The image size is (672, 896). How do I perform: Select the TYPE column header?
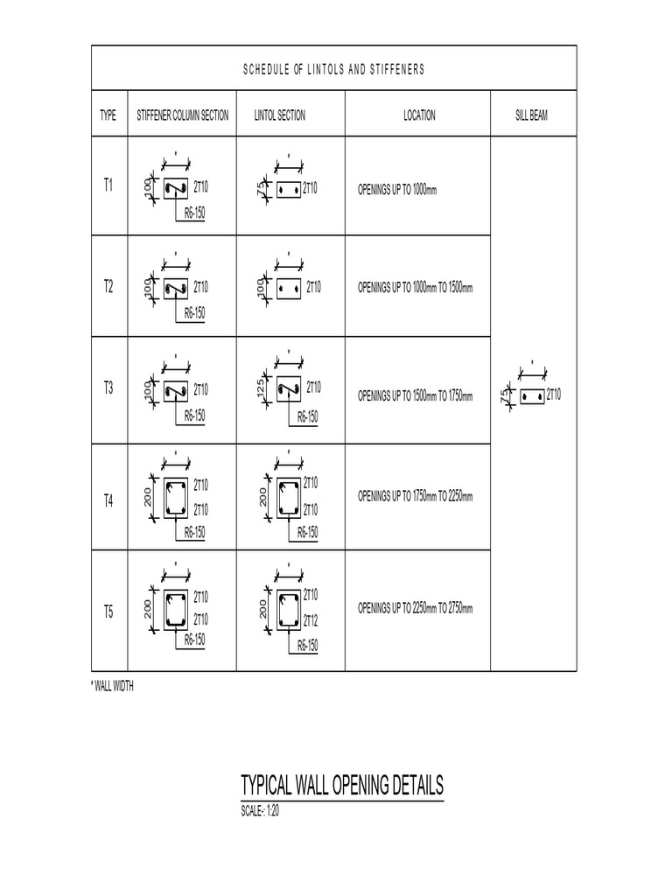point(108,115)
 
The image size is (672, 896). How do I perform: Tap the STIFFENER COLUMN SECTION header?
point(183,115)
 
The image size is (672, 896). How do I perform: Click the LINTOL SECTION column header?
point(280,115)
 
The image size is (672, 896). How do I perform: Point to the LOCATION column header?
point(419,115)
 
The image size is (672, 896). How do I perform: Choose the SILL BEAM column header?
point(532,115)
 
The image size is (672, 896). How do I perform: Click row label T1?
point(108,186)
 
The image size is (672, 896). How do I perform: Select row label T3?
point(108,388)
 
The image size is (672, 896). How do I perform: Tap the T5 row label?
point(108,612)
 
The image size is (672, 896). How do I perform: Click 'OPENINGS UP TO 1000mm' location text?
point(397,190)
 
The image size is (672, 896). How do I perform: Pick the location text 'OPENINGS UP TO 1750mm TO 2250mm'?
point(416,496)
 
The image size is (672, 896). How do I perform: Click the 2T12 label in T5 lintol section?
point(311,619)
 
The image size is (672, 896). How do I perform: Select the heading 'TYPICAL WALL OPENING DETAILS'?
point(342,784)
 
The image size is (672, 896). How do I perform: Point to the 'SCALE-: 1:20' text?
point(260,809)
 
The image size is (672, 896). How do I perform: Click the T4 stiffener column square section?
point(176,497)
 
